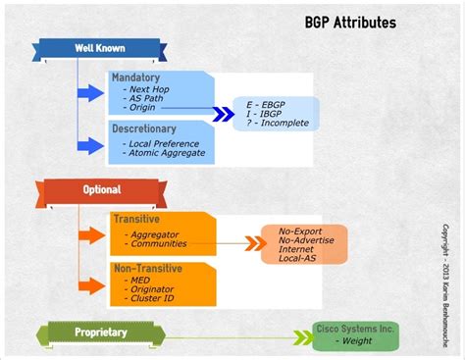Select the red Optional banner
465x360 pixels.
point(101,189)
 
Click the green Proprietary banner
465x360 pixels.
point(101,332)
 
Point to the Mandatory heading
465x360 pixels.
point(136,77)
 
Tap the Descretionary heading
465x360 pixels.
point(144,129)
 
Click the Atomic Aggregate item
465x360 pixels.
point(167,153)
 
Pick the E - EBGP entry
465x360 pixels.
point(268,102)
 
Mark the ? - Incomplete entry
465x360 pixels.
point(279,124)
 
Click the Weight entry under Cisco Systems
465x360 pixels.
point(355,340)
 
